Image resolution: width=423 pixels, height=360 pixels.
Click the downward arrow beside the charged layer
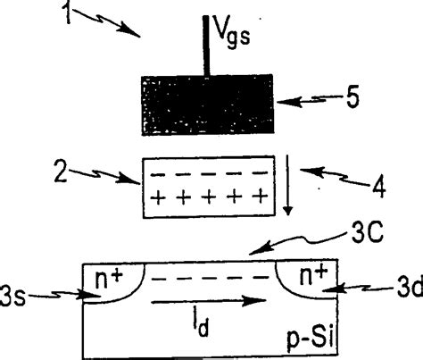click(x=287, y=188)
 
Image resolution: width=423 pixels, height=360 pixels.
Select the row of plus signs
click(x=209, y=197)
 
